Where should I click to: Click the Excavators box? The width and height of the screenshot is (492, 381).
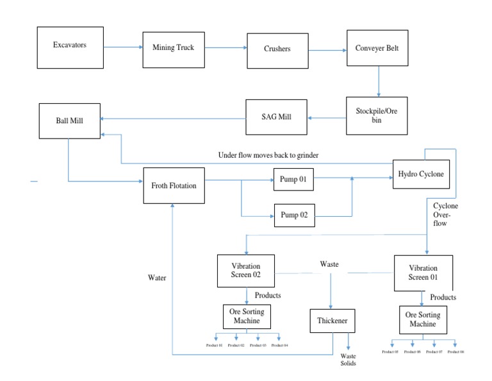tap(70, 47)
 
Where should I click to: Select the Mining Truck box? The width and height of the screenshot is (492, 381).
tap(173, 47)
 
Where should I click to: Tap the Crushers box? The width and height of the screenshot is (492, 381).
tap(277, 48)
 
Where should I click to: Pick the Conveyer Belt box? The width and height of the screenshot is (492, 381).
tap(377, 47)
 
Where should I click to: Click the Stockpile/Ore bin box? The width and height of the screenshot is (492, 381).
tap(377, 115)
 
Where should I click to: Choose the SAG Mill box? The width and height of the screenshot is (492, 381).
tap(276, 117)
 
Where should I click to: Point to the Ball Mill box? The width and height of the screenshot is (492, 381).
tap(69, 120)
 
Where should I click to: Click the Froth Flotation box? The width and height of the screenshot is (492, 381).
tap(174, 185)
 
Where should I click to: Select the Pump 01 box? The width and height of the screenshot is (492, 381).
tap(293, 180)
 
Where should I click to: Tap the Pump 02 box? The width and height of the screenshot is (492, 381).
tap(295, 216)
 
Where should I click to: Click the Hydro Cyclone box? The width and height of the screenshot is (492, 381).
tap(420, 174)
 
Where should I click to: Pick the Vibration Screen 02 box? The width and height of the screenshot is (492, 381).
tap(246, 271)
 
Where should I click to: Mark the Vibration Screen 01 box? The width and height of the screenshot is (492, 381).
tap(423, 273)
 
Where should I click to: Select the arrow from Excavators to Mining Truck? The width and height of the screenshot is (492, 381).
tap(123, 47)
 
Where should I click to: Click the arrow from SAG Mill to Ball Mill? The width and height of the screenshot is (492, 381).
tap(173, 118)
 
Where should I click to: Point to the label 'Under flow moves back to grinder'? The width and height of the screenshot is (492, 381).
tap(268, 155)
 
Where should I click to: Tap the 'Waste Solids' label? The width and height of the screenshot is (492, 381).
tap(348, 360)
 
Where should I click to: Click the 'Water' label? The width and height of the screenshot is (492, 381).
tap(157, 278)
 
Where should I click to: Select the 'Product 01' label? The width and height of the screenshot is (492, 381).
tap(214, 345)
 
